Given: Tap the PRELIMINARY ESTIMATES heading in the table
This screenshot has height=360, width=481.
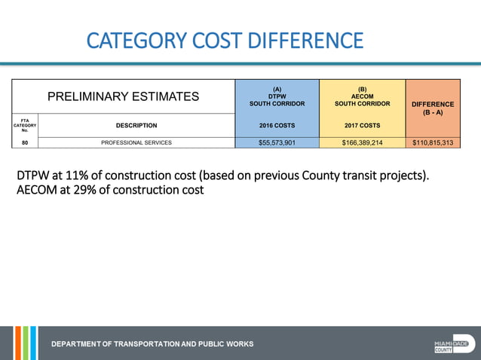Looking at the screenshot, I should pyautogui.click(x=124, y=96).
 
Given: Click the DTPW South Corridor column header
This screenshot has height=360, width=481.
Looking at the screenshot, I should pyautogui.click(x=277, y=96).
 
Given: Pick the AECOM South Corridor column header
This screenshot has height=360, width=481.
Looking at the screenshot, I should pyautogui.click(x=362, y=96).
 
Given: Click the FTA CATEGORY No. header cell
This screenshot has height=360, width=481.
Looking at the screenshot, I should pyautogui.click(x=25, y=125).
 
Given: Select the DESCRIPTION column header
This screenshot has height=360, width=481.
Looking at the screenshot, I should pyautogui.click(x=136, y=126).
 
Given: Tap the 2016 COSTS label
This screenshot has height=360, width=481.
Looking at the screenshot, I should pyautogui.click(x=277, y=126).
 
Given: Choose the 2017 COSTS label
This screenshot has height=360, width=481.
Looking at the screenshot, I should pyautogui.click(x=362, y=126).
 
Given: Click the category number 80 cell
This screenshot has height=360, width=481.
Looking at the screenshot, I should pyautogui.click(x=25, y=142).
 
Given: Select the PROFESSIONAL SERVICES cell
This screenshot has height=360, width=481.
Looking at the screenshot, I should pyautogui.click(x=136, y=142).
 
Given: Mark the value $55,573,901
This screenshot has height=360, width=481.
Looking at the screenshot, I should pyautogui.click(x=277, y=142).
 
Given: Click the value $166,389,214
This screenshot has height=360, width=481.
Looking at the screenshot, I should pyautogui.click(x=362, y=142).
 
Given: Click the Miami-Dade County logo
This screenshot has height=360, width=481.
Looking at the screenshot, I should pyautogui.click(x=454, y=344).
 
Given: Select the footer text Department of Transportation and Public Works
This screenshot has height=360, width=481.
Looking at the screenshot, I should pyautogui.click(x=152, y=344).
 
